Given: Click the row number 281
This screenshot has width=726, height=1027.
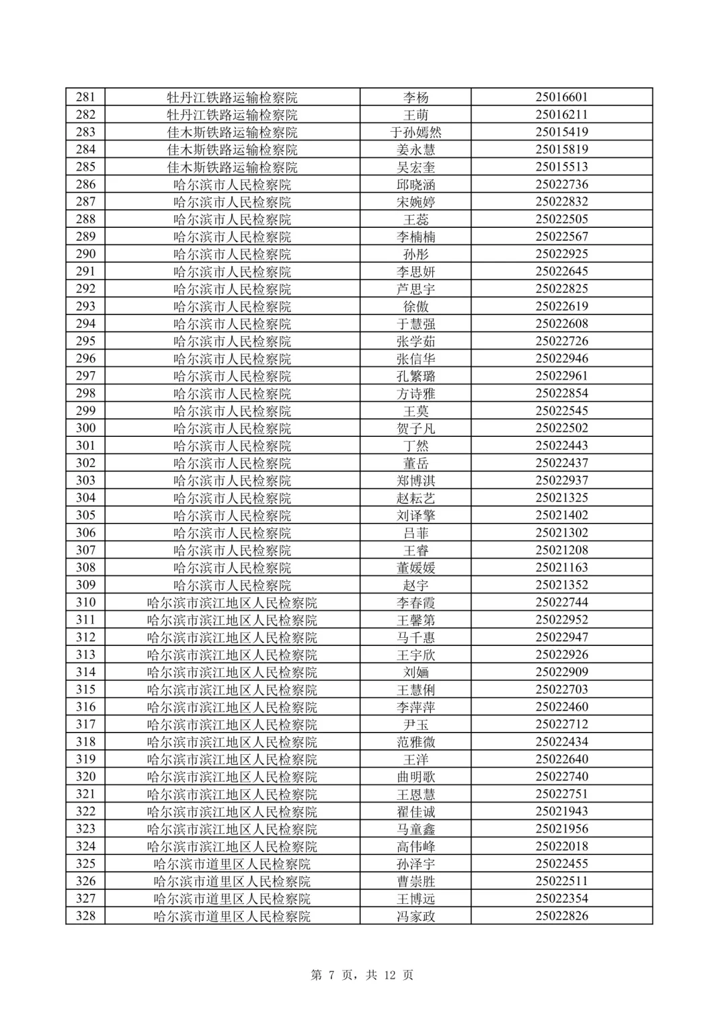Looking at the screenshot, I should pyautogui.click(x=85, y=97).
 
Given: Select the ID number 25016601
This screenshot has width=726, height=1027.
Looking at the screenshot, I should pyautogui.click(x=561, y=97).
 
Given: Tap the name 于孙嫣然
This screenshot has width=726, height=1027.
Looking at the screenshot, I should pyautogui.click(x=415, y=132).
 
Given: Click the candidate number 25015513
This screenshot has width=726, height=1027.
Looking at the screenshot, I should pyautogui.click(x=561, y=167).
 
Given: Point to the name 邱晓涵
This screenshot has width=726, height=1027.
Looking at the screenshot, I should pyautogui.click(x=415, y=184).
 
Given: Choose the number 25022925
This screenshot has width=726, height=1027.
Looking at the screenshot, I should pyautogui.click(x=561, y=254).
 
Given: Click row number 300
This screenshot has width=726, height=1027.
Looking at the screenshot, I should pyautogui.click(x=85, y=428).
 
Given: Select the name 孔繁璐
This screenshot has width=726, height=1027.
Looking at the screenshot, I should pyautogui.click(x=415, y=376).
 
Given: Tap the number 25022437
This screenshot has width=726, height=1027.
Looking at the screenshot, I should pyautogui.click(x=561, y=463).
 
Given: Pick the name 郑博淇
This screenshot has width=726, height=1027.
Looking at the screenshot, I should pyautogui.click(x=415, y=481).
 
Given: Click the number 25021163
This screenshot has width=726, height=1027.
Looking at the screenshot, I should pyautogui.click(x=561, y=567).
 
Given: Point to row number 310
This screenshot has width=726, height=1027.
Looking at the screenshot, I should pyautogui.click(x=85, y=602).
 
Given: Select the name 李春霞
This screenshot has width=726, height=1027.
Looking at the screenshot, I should pyautogui.click(x=415, y=602).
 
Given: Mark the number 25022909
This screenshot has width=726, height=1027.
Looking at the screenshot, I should pyautogui.click(x=561, y=672).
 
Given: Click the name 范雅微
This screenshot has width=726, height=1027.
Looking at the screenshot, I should pyautogui.click(x=415, y=742).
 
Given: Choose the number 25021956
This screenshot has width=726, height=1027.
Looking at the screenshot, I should pyautogui.click(x=561, y=829).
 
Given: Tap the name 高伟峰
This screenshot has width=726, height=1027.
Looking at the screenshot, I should pyautogui.click(x=415, y=846).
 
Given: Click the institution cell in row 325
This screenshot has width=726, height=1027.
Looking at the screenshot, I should pyautogui.click(x=232, y=864).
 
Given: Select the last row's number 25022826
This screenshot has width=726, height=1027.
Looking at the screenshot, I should pyautogui.click(x=561, y=916).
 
